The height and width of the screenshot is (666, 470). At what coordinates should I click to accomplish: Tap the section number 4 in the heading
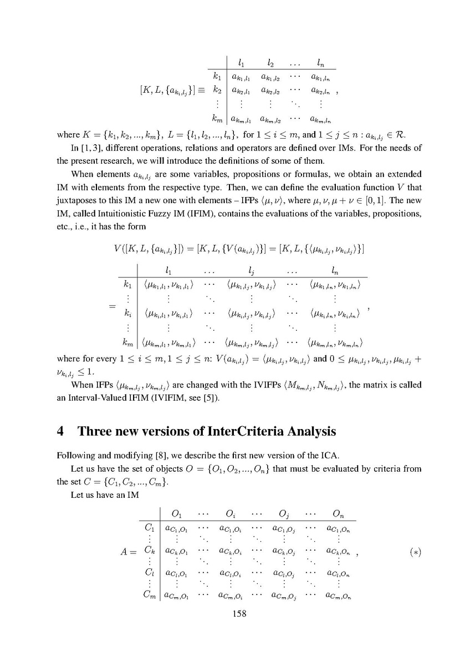click(61, 431)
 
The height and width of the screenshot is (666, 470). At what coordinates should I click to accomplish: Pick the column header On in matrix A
click(336, 512)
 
